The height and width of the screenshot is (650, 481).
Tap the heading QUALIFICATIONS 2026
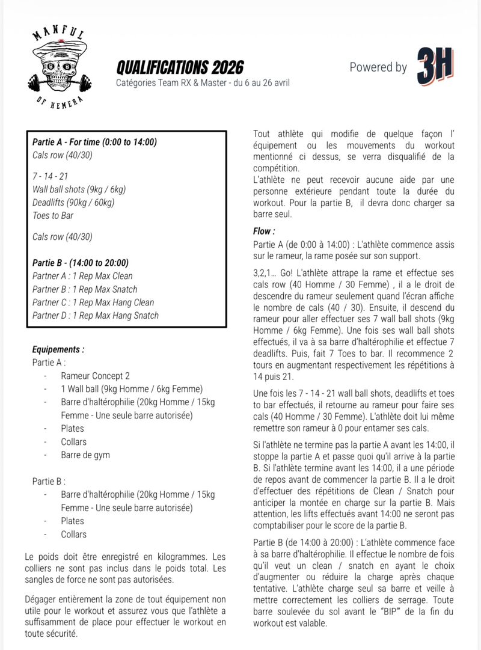click(180, 67)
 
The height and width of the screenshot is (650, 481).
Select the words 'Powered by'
click(378, 67)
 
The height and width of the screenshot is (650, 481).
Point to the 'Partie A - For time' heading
click(94, 143)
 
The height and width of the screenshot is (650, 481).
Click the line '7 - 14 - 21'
click(50, 176)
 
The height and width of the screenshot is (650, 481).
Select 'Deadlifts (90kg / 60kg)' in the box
click(73, 203)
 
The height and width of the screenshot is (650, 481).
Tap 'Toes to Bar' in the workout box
click(53, 216)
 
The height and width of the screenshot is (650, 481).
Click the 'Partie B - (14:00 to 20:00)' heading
click(80, 263)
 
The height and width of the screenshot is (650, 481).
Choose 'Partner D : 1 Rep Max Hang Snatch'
click(96, 316)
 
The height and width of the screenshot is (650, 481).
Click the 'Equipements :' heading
click(58, 349)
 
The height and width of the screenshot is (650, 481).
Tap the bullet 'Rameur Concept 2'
click(95, 376)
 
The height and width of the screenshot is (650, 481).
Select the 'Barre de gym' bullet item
click(85, 455)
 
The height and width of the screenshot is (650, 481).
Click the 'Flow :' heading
click(264, 231)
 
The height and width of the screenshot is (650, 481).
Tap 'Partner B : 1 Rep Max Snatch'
click(85, 289)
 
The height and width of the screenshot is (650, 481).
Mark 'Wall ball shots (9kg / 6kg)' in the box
click(79, 189)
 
